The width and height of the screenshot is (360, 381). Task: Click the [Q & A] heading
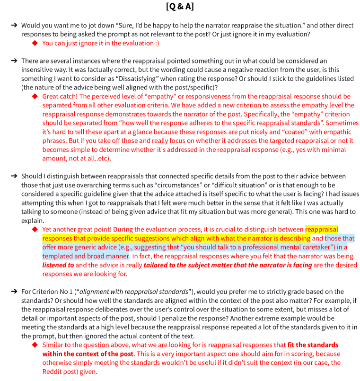(x=180, y=7)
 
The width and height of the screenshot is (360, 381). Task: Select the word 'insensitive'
(x=39, y=70)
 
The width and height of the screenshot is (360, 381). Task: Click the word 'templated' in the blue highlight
(x=58, y=256)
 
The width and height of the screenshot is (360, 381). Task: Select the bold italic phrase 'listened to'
(x=58, y=265)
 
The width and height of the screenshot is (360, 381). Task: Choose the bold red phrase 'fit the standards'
(x=312, y=345)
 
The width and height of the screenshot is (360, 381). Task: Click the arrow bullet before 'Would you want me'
(x=14, y=25)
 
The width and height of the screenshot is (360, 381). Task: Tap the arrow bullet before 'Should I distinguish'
(x=14, y=176)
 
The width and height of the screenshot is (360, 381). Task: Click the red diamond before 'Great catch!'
(x=35, y=97)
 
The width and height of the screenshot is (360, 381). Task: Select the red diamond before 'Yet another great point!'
(x=35, y=230)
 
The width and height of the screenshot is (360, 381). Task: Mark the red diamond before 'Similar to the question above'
(x=35, y=345)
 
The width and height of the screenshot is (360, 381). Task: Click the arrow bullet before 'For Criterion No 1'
(x=14, y=292)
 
